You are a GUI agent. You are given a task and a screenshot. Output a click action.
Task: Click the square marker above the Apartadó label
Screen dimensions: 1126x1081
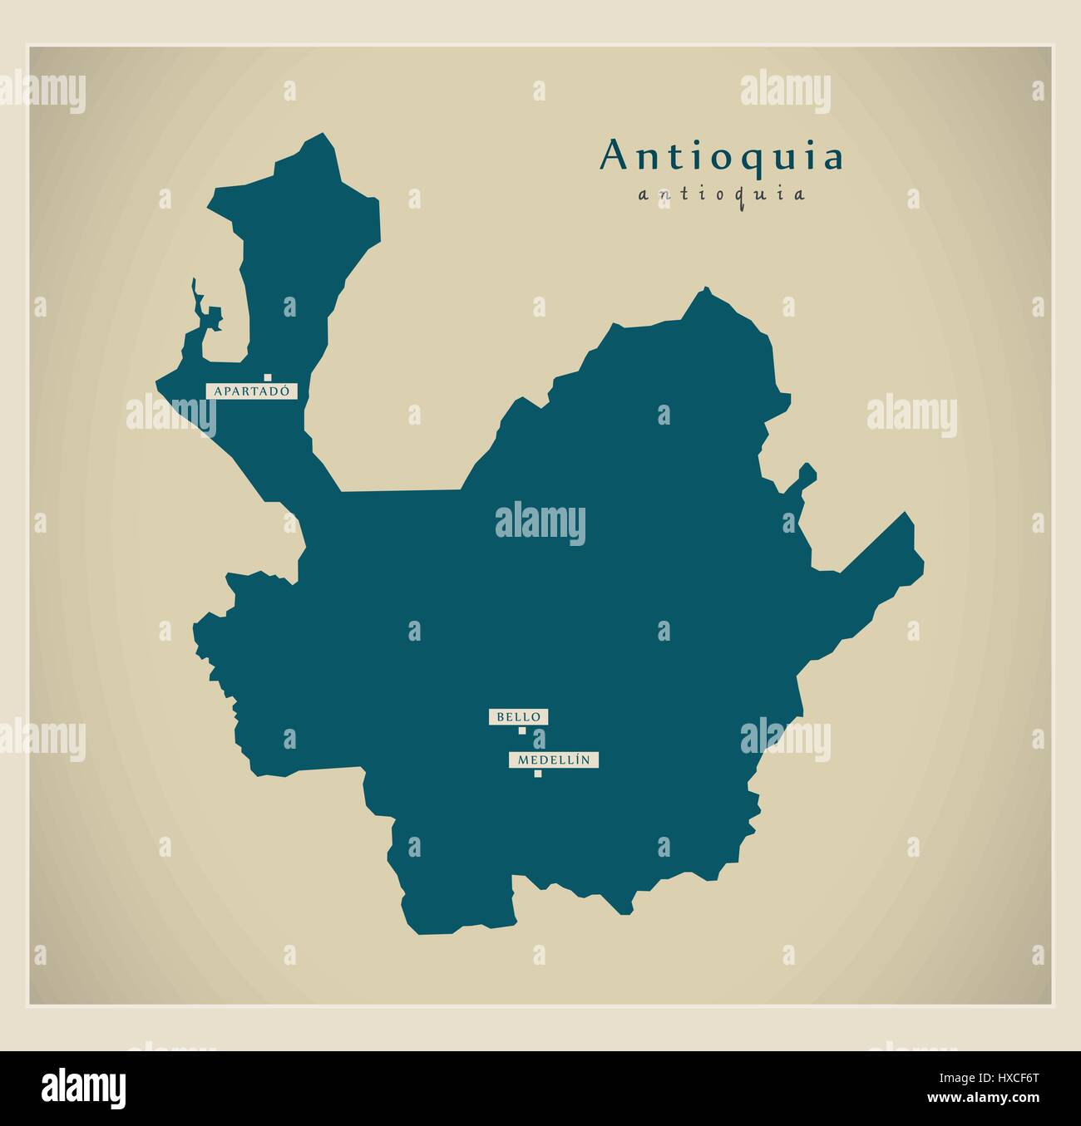tap(269, 376)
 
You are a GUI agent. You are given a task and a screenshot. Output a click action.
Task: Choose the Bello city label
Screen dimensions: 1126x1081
tap(519, 716)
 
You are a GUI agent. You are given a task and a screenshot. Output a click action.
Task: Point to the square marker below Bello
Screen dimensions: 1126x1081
tap(522, 731)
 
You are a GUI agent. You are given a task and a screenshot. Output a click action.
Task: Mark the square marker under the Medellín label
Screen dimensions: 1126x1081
tap(537, 774)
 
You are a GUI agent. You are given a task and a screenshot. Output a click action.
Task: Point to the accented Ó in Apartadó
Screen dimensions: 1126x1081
tap(288, 389)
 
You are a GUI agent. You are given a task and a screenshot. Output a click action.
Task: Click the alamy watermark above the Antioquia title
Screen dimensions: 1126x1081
tap(785, 89)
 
